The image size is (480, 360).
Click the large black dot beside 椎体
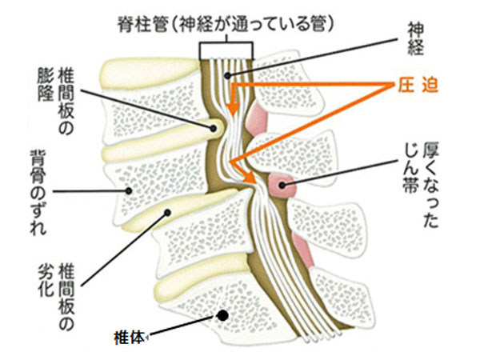222,316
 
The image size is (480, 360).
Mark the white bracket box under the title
226,50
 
